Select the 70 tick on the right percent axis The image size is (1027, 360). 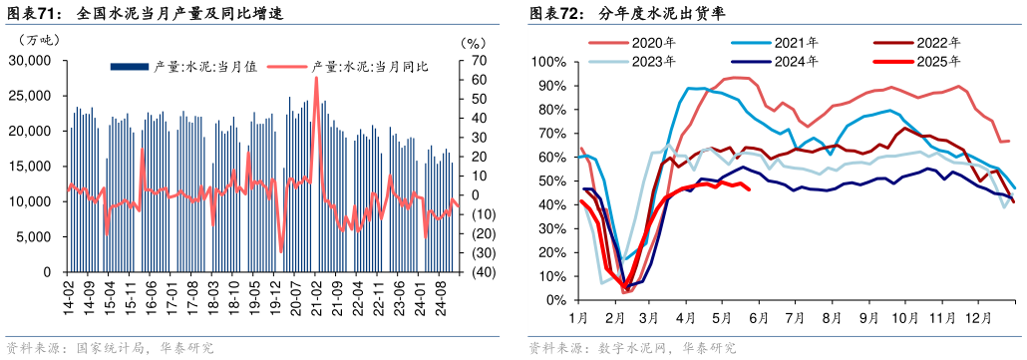coord(479,61)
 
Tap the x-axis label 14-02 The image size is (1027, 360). coord(70,297)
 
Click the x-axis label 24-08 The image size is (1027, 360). coord(441,297)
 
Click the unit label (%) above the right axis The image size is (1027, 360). coord(473,43)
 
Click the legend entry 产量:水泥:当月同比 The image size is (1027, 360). coord(370,67)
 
